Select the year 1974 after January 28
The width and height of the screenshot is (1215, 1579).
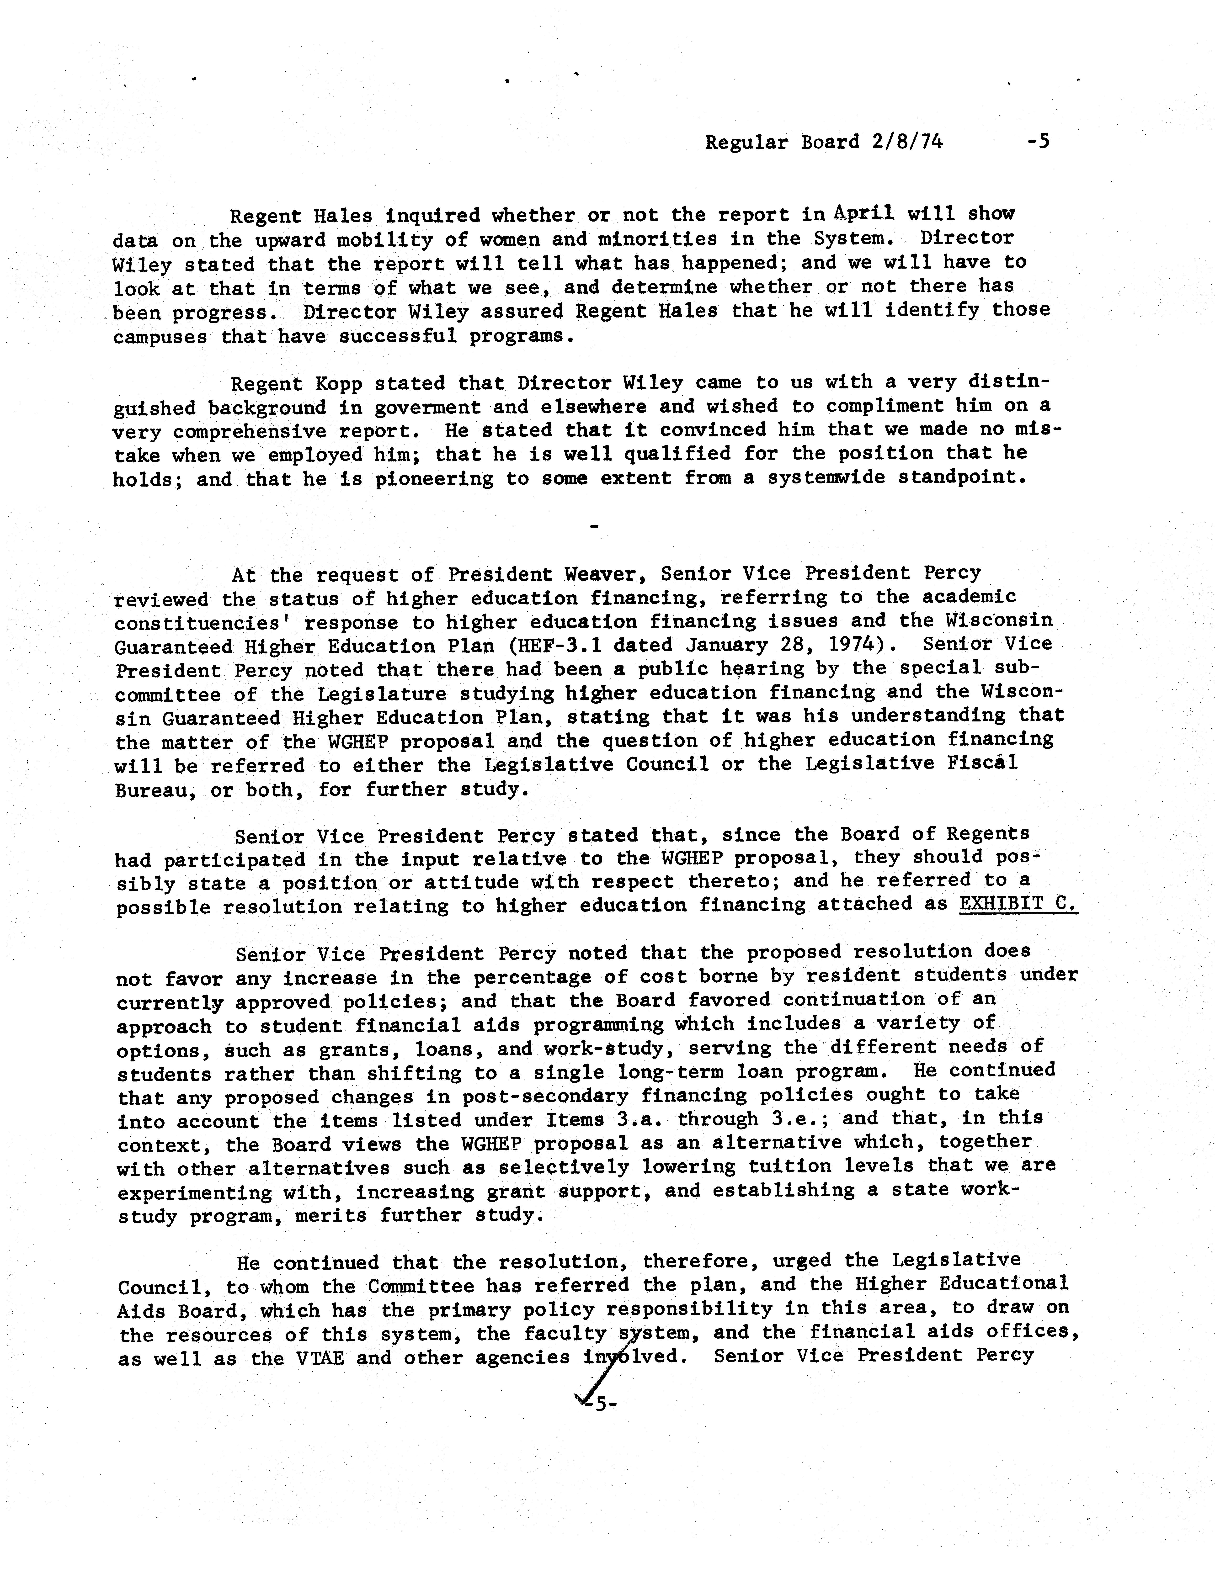(x=873, y=644)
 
